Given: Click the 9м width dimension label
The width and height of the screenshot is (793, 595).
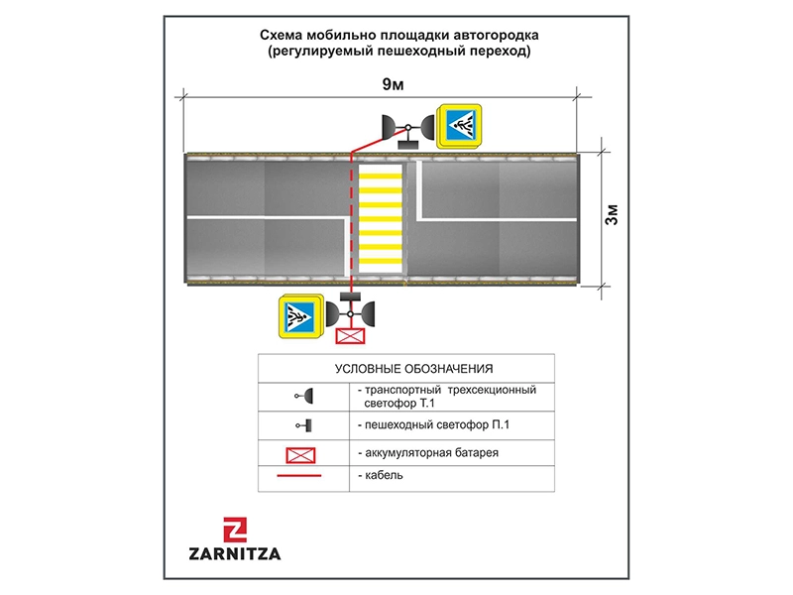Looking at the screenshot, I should tap(393, 83).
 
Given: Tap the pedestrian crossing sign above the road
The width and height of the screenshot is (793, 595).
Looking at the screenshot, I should tap(461, 126).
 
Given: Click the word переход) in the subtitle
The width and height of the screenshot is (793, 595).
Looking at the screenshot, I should tap(500, 52).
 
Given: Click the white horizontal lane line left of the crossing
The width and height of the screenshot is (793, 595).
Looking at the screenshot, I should tap(268, 215).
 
